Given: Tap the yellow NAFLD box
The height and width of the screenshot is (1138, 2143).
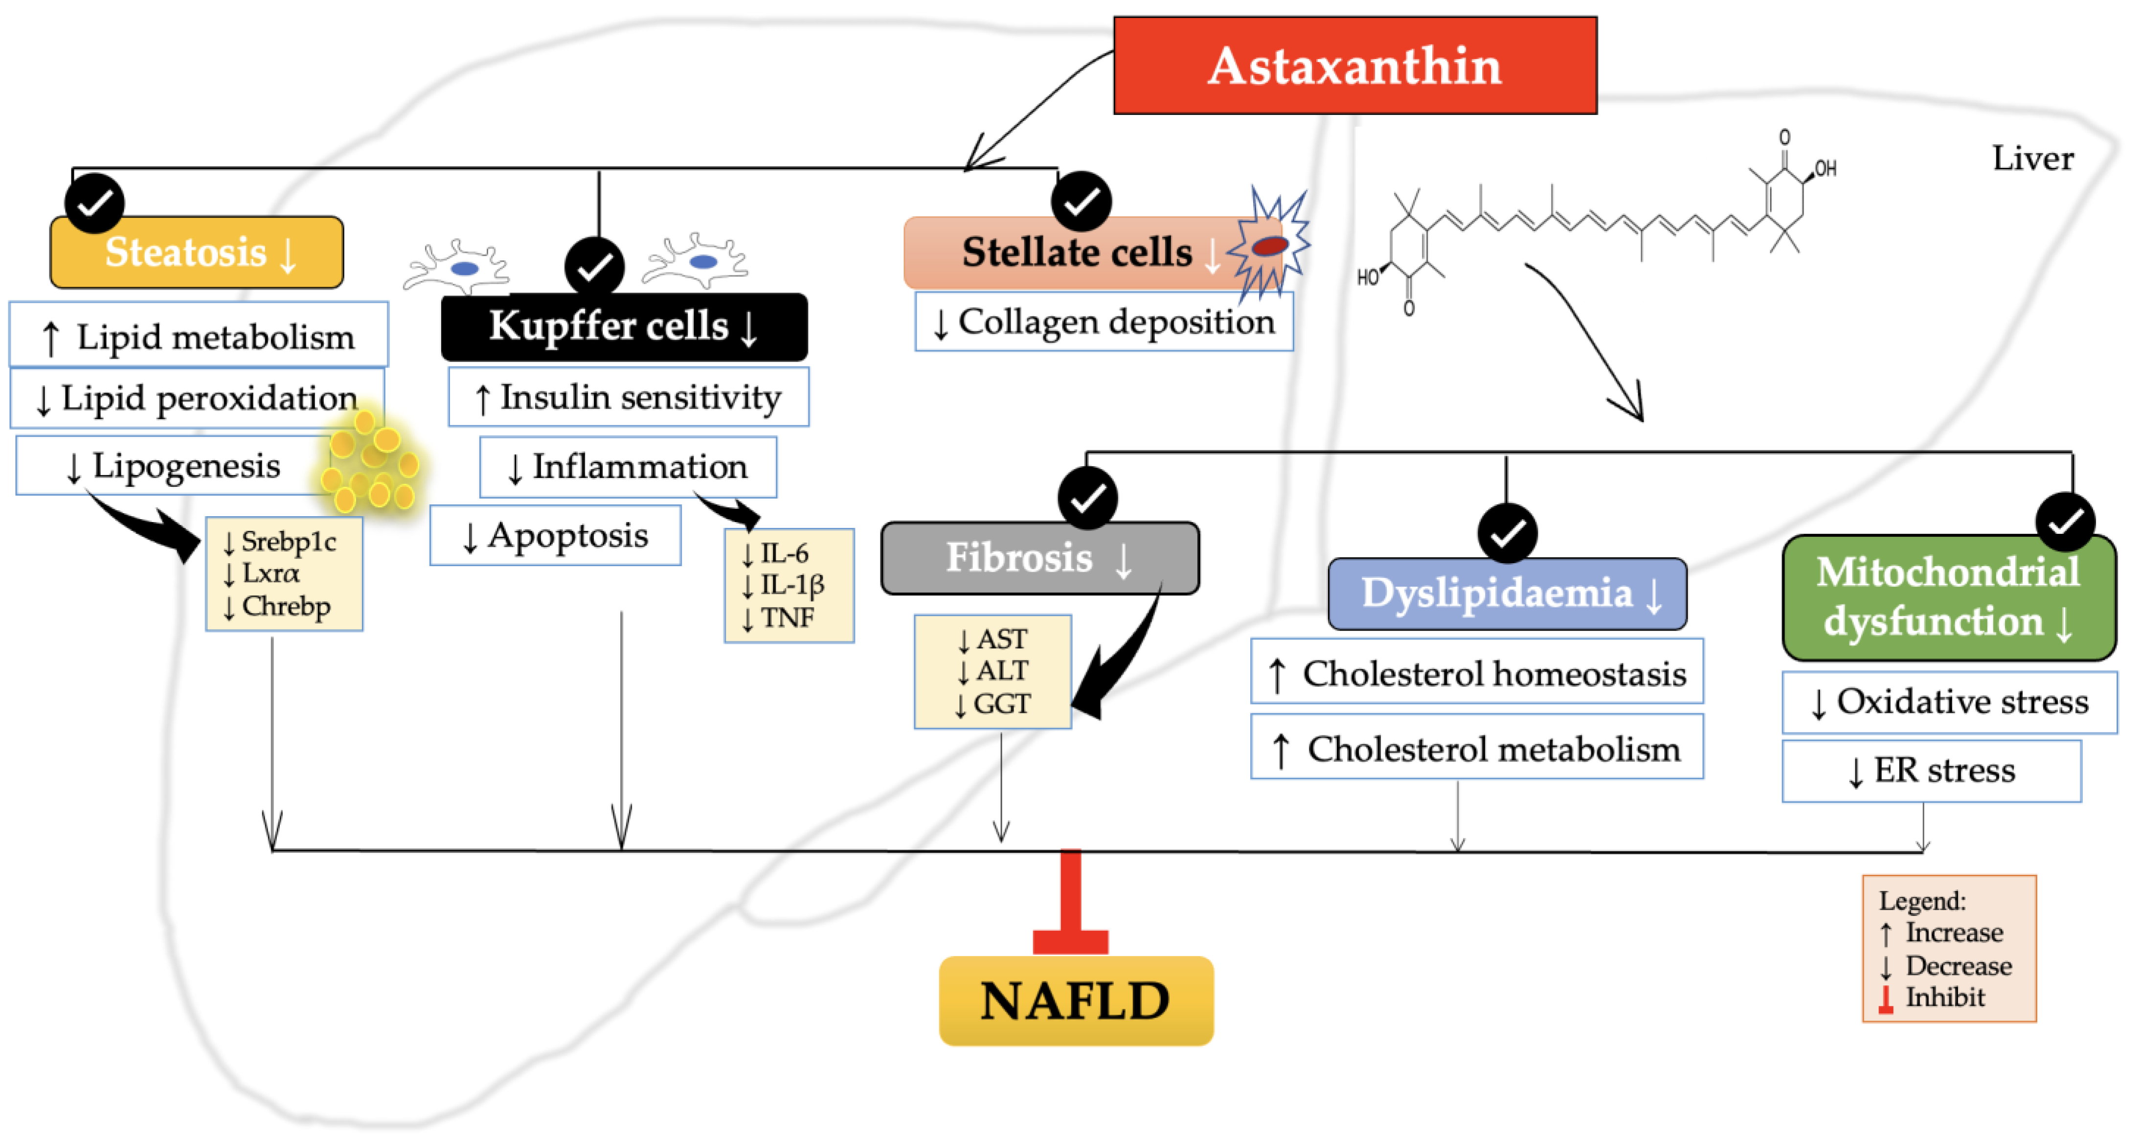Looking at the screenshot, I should tap(1076, 1001).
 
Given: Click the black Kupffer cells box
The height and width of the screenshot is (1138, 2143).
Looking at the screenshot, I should tap(624, 326).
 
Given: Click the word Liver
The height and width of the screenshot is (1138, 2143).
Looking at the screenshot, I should tap(2032, 158).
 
